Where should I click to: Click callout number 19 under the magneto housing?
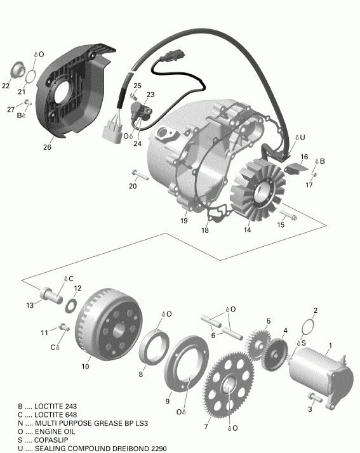click(183, 221)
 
